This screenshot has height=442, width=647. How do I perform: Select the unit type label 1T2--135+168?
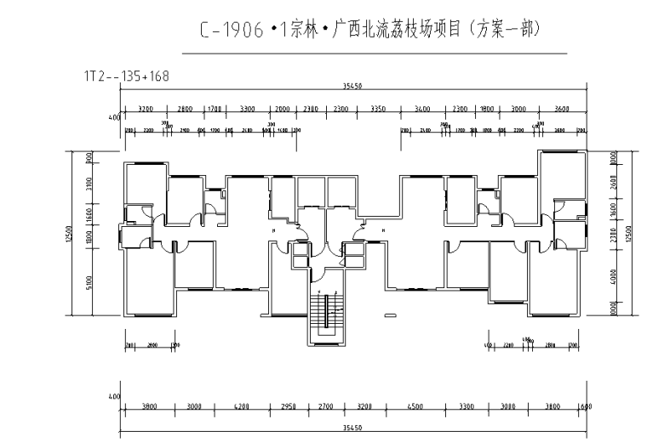[127, 76]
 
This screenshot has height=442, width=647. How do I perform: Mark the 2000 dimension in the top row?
[283, 109]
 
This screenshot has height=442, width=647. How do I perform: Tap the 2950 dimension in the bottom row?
[289, 407]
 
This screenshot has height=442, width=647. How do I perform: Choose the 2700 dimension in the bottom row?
[326, 407]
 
